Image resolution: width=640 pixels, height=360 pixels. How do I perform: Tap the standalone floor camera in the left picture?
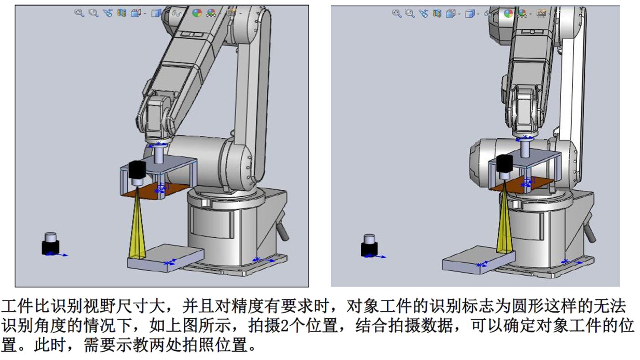tap(51, 244)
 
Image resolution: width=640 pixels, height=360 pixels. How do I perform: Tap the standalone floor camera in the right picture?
tap(369, 245)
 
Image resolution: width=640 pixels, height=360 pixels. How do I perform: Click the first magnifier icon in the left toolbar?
tap(79, 13)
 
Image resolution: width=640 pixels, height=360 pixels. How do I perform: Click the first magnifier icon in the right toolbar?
tap(396, 13)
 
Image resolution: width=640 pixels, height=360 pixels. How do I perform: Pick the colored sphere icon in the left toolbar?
tap(197, 13)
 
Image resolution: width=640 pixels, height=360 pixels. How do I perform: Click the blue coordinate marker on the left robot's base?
tap(262, 260)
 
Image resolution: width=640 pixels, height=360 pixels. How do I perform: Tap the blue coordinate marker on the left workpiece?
tap(170, 262)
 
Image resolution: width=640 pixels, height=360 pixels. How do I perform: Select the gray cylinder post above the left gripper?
tap(159, 154)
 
